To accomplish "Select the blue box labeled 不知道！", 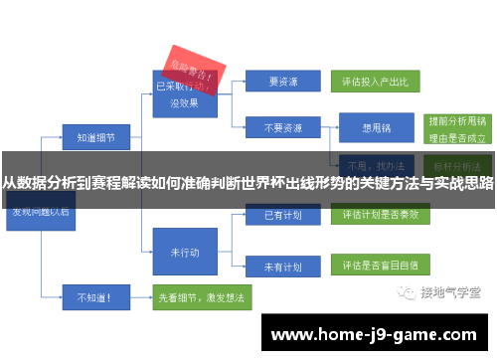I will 95,295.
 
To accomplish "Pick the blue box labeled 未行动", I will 185,251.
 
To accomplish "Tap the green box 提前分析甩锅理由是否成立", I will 455,127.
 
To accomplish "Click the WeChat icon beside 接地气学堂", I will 410,292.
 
